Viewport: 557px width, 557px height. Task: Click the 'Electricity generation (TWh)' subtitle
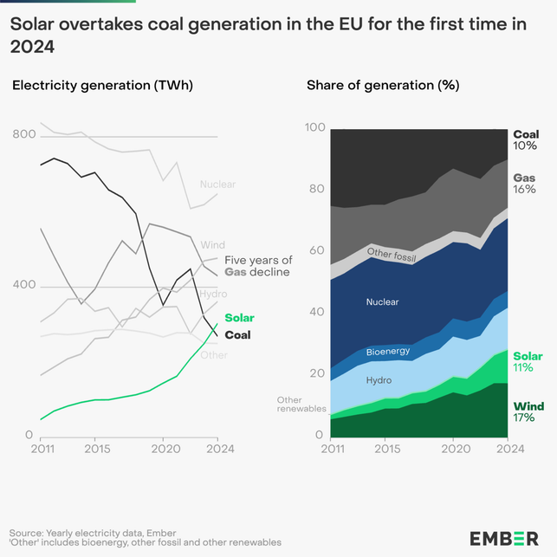coord(102,85)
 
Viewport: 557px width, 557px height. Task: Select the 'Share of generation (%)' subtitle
coord(383,85)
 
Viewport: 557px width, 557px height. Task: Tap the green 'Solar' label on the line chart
coord(239,319)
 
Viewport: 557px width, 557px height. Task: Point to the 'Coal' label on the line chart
coord(237,334)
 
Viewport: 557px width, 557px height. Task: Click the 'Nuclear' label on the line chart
coord(217,185)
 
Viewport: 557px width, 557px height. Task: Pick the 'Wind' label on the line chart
coord(212,245)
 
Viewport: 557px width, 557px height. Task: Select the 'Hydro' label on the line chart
coord(214,295)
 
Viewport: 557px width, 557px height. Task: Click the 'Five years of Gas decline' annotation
coord(257,266)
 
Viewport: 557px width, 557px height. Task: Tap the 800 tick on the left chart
coord(24,135)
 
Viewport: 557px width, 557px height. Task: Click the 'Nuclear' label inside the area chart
coord(382,302)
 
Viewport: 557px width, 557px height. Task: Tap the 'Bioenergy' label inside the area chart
coord(388,352)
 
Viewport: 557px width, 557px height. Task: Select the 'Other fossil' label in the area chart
coord(392,255)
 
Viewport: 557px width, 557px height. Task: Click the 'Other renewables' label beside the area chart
coord(301,404)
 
